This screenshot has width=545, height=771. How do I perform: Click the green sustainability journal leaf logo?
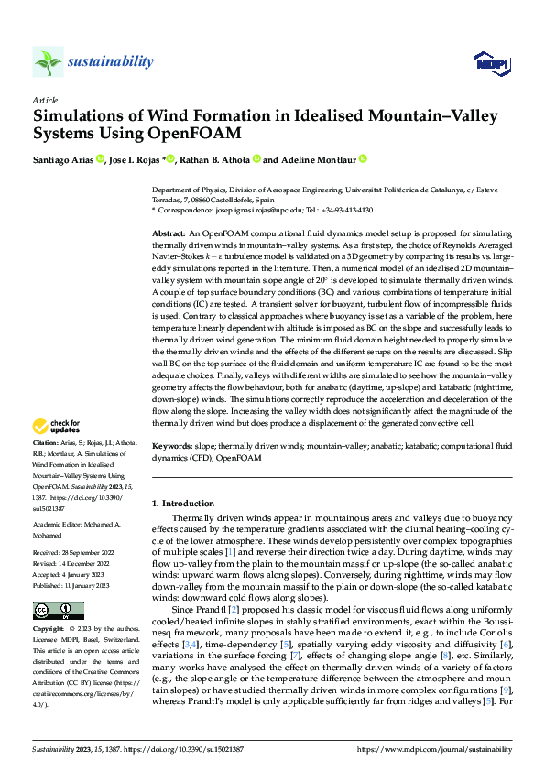pyautogui.click(x=48, y=61)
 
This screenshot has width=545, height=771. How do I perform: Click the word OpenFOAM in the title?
pyautogui.click(x=197, y=134)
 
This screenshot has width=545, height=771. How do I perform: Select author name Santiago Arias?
pyautogui.click(x=67, y=159)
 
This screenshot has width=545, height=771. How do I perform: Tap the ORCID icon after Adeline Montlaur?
pyautogui.click(x=363, y=159)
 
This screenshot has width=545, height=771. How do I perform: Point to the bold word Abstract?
pyautogui.click(x=169, y=235)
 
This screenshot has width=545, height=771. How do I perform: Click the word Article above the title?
pyautogui.click(x=45, y=99)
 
